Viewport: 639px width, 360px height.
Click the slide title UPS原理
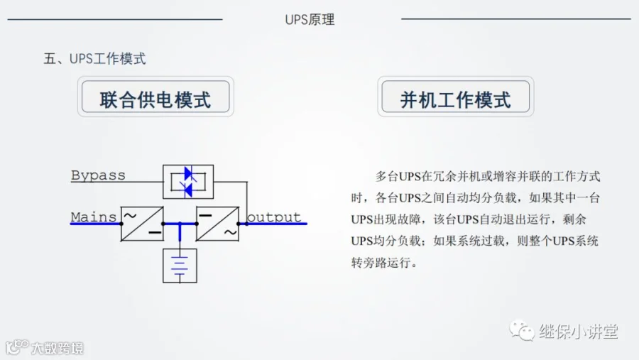tap(310, 20)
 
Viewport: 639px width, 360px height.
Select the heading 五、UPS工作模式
tap(95, 59)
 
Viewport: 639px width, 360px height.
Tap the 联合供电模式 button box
tap(155, 98)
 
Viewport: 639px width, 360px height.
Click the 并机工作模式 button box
tap(455, 98)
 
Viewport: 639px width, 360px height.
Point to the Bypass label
tap(98, 175)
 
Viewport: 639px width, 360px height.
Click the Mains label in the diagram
tap(94, 217)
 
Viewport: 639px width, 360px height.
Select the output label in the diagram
tap(273, 217)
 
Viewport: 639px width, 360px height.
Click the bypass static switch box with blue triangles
tap(188, 182)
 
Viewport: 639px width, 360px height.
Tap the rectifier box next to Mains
tap(142, 223)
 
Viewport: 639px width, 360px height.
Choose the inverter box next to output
tap(217, 223)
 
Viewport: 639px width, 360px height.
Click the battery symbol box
tap(180, 265)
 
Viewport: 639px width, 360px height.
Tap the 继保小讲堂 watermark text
tap(578, 331)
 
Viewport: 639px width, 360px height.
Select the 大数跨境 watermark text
tap(57, 348)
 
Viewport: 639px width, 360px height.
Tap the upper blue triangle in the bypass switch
tap(188, 173)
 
